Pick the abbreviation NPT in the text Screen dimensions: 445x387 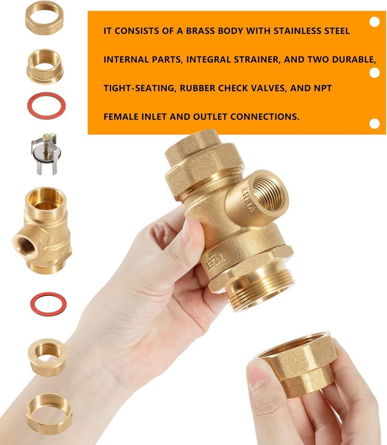coord(322,88)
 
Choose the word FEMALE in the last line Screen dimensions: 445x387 coord(120,116)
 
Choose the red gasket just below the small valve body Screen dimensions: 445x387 coord(48,304)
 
